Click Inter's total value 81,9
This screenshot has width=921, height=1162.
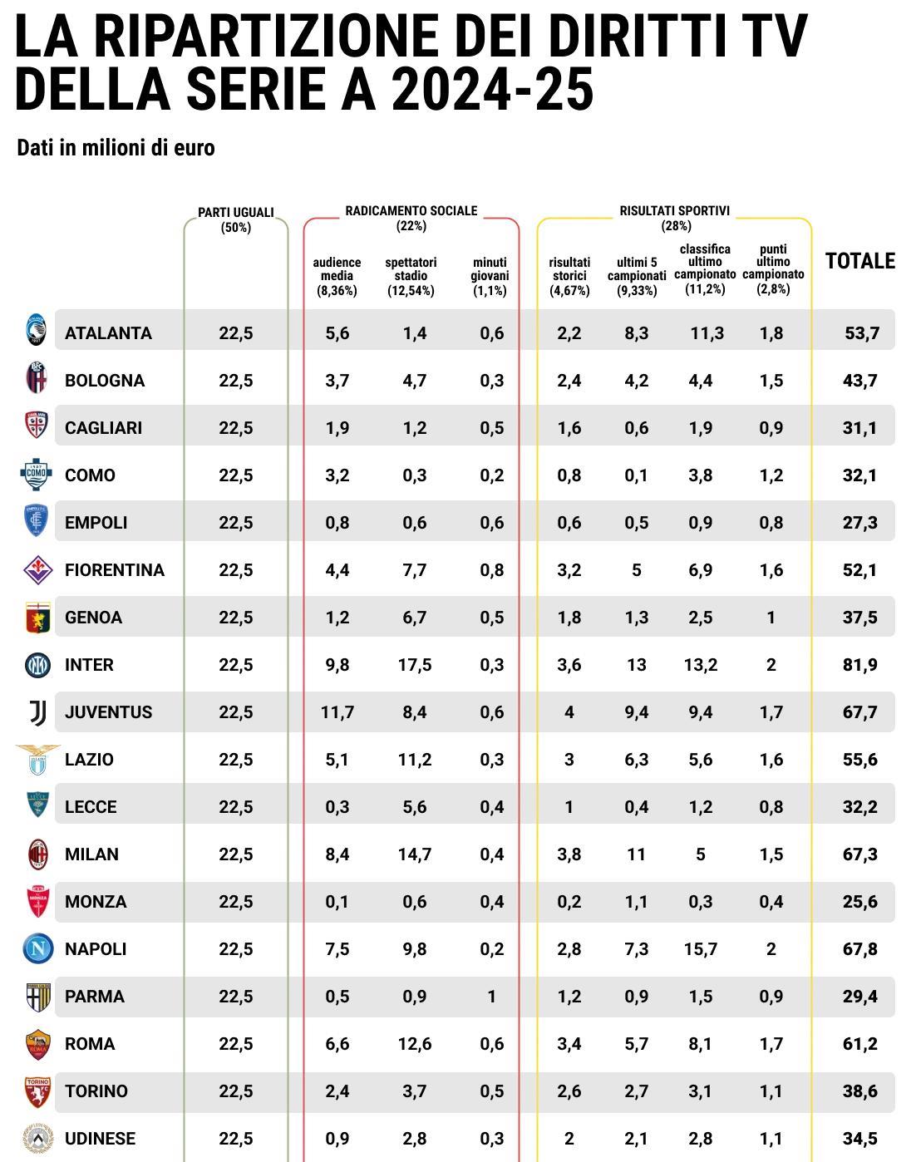point(859,665)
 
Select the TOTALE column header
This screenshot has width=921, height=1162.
point(859,261)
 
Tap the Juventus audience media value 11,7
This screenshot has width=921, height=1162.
point(337,712)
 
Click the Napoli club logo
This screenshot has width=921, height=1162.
point(37,948)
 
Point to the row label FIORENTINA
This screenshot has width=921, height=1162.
point(115,570)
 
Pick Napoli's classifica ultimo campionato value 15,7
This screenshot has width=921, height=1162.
point(700,949)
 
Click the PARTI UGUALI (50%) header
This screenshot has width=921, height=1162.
point(236,220)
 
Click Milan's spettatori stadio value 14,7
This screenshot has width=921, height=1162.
point(414,854)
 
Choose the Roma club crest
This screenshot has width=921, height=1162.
point(37,1044)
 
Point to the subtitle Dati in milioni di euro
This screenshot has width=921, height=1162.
point(116,148)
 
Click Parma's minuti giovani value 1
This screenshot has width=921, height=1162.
point(491,997)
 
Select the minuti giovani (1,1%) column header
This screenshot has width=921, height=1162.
point(490,276)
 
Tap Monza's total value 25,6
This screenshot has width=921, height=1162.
point(859,902)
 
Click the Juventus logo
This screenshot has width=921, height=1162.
point(37,712)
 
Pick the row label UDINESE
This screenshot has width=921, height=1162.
point(100,1139)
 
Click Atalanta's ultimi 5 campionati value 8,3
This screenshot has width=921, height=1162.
point(636,333)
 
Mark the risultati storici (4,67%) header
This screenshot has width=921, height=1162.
point(569,276)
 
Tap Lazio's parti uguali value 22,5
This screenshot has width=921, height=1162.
point(236,760)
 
